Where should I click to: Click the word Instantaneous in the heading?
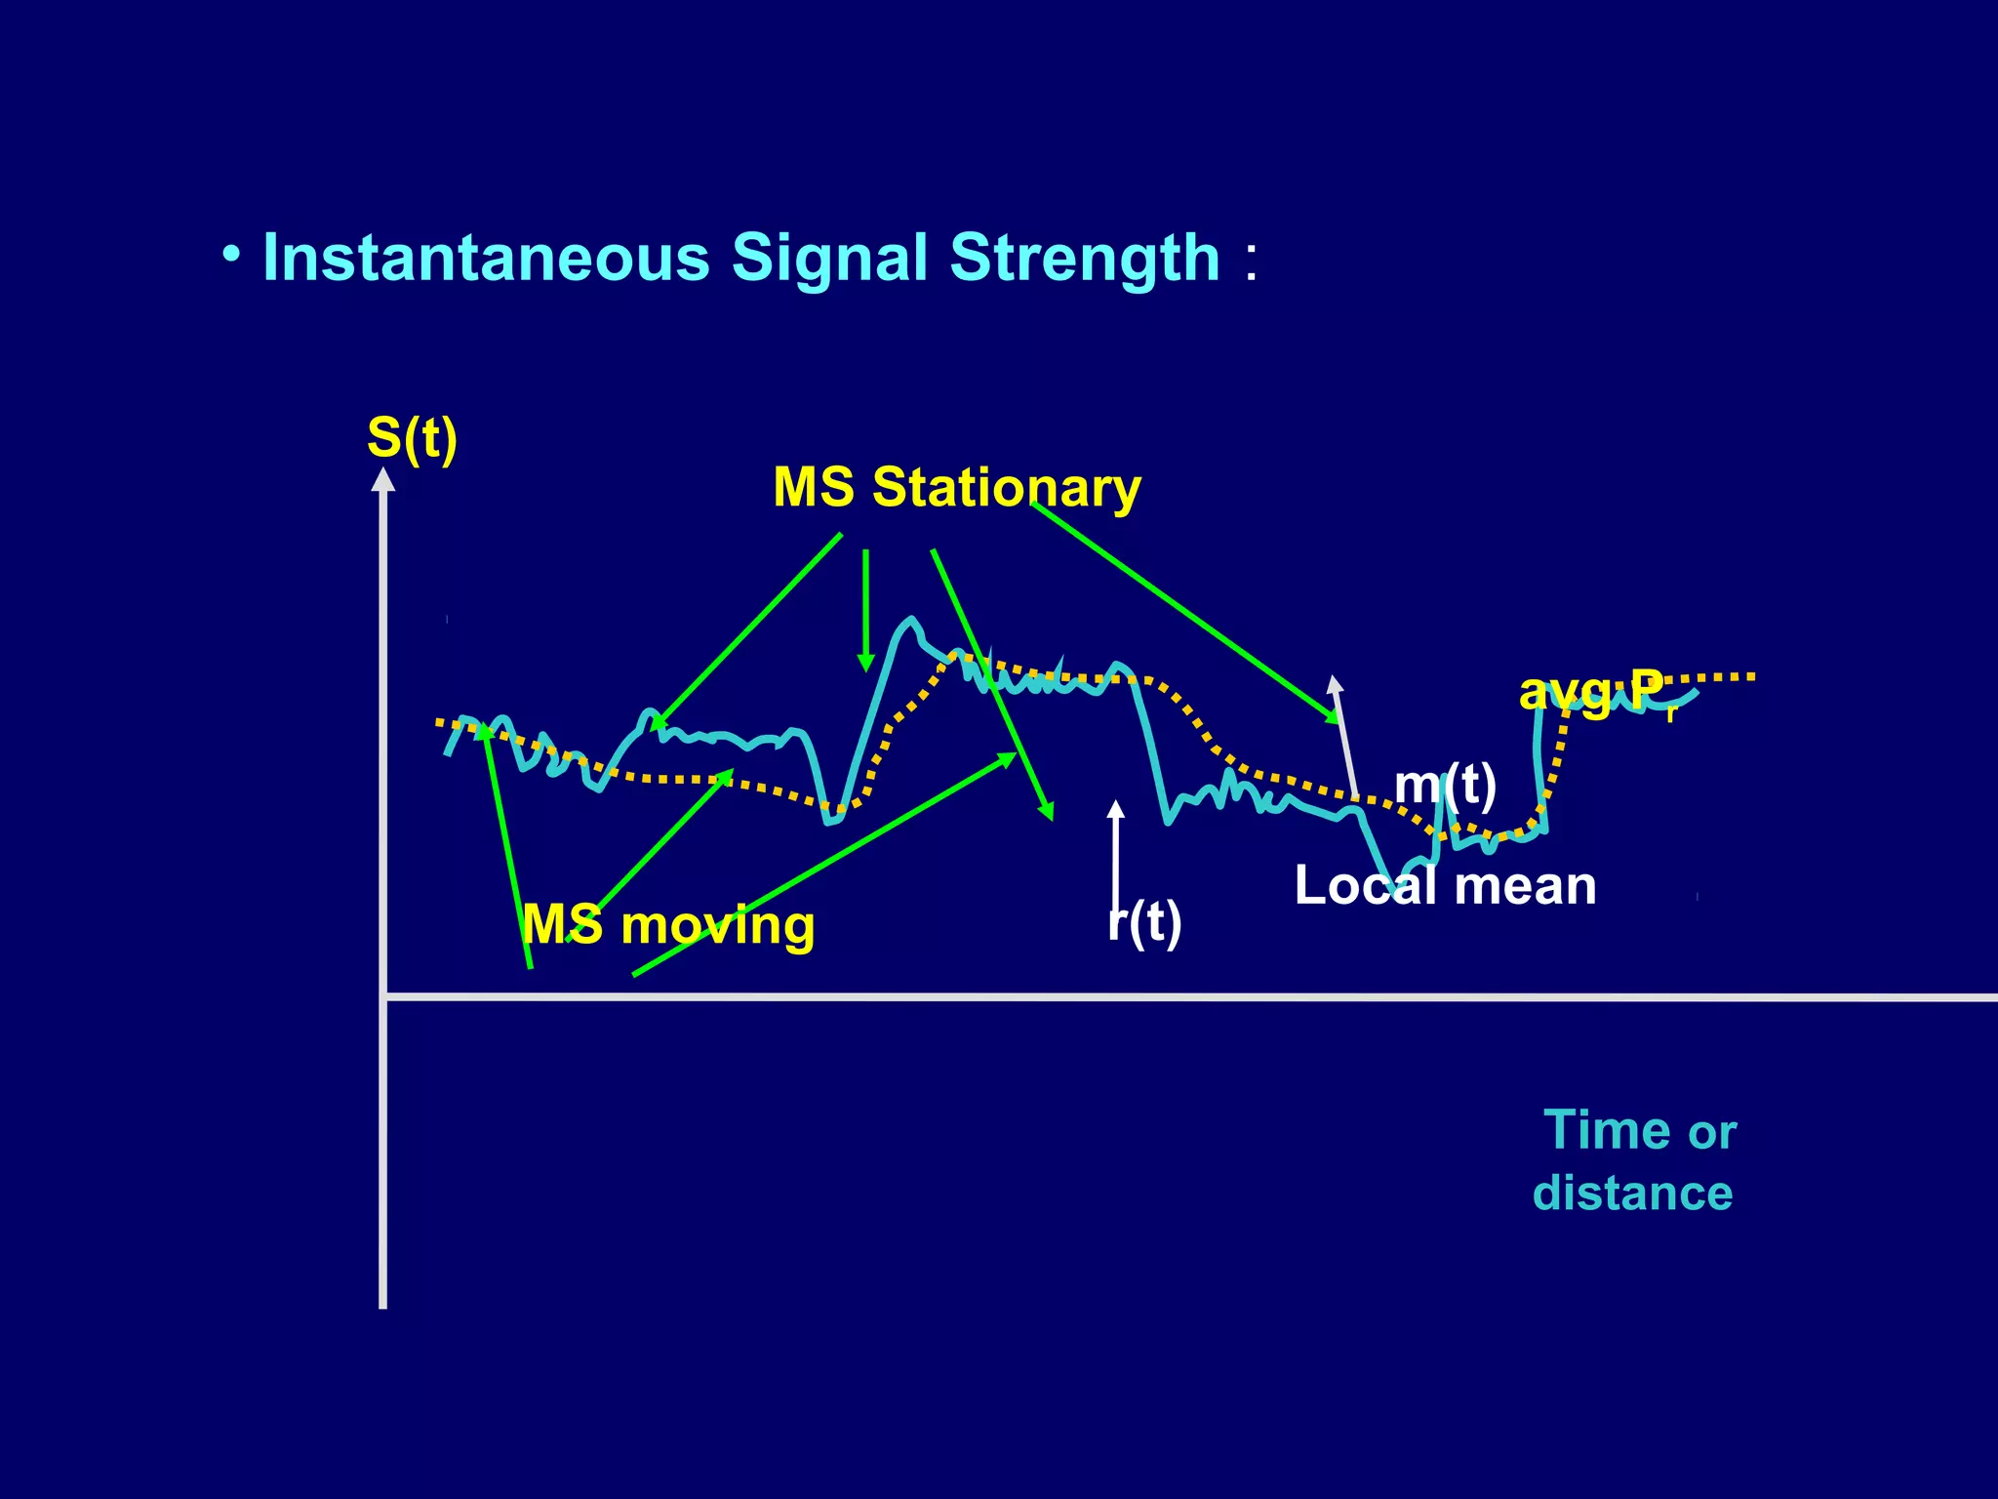click(486, 259)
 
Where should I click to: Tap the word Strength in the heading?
click(1084, 259)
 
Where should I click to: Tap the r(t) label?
click(1144, 921)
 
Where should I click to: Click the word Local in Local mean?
click(1365, 886)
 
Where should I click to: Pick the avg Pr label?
click(1596, 693)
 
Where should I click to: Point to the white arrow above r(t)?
click(1116, 849)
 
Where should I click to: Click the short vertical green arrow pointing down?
click(865, 610)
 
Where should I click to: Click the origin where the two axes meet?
click(383, 996)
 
